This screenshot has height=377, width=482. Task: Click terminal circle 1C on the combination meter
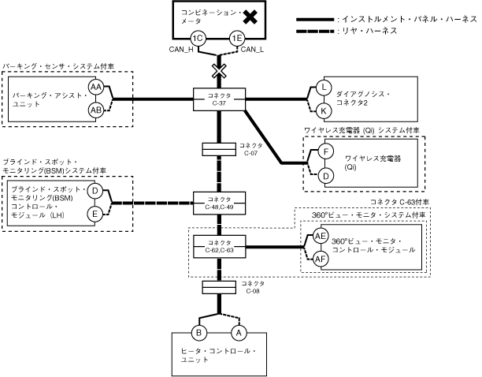click(199, 38)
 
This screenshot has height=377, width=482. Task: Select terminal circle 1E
click(236, 38)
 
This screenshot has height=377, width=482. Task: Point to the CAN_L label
click(252, 51)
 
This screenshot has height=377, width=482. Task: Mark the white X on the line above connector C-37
click(218, 72)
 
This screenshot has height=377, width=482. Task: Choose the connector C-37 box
click(220, 99)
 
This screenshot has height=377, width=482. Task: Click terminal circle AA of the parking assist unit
click(96, 86)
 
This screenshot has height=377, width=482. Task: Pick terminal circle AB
click(96, 110)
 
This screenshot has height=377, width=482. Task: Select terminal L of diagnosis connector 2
click(324, 88)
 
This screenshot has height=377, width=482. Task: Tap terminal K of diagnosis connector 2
click(324, 111)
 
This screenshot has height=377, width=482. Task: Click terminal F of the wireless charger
click(324, 151)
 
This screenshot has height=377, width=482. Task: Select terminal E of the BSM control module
click(95, 214)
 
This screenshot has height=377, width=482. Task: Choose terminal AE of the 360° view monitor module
click(321, 236)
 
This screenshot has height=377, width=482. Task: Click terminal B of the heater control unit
click(199, 334)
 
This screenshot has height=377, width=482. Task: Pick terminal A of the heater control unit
click(241, 334)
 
